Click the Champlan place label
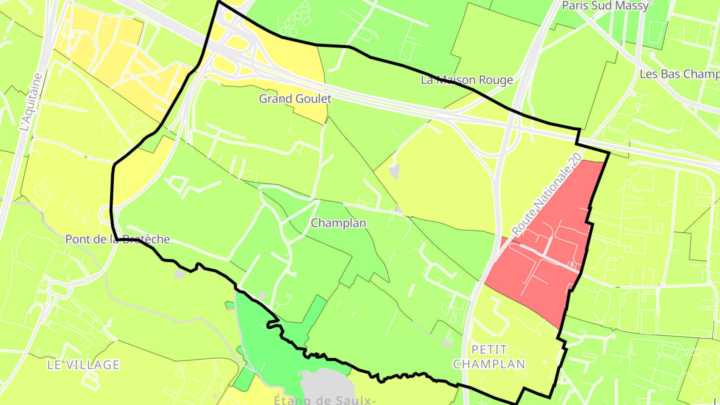(338, 223)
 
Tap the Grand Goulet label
(295, 99)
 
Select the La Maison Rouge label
(466, 80)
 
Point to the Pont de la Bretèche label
(117, 239)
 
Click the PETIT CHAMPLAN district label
(489, 356)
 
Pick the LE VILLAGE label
(83, 365)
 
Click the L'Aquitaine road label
(31, 102)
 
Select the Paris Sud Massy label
(605, 6)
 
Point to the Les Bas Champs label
(679, 74)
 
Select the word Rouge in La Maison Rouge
(496, 80)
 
